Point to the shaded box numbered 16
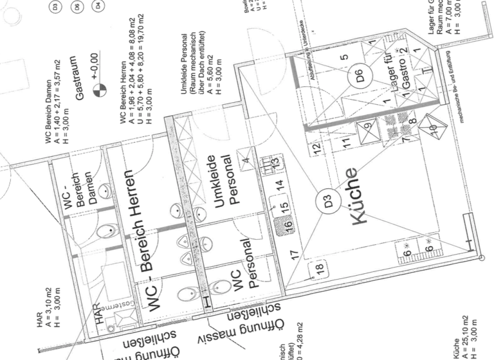tap(288, 226)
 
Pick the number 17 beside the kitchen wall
tap(294, 254)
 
